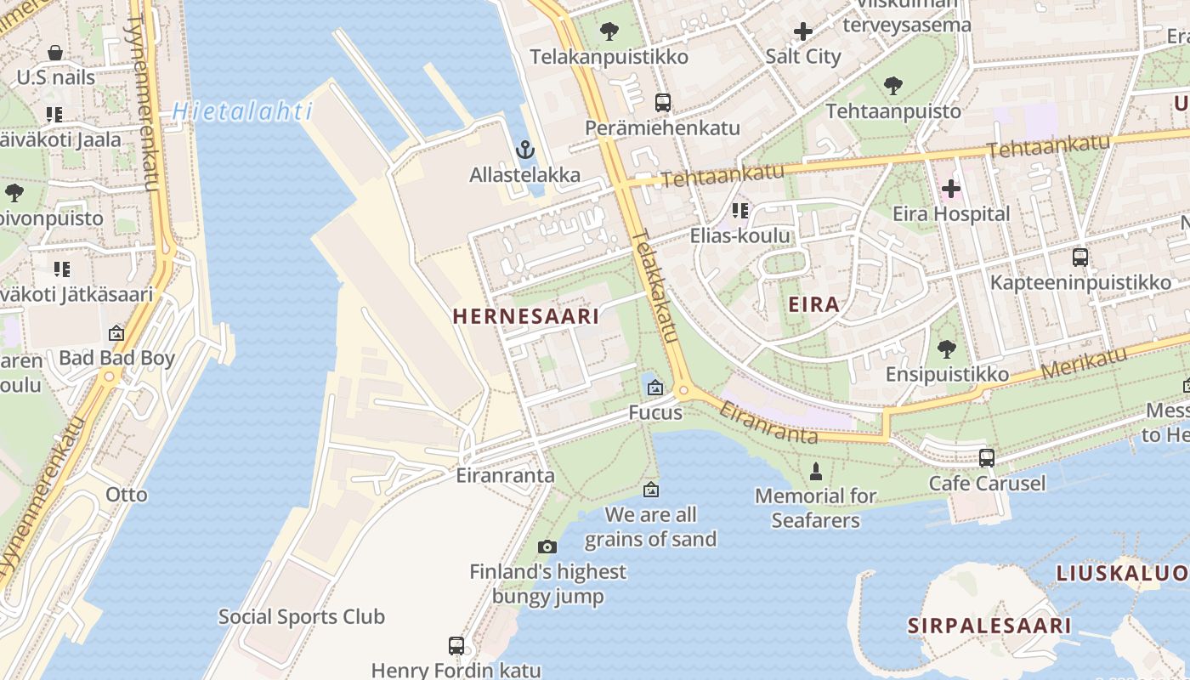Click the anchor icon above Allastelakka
click(525, 150)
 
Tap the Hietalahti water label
click(242, 111)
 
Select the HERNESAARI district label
click(525, 316)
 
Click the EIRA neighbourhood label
click(813, 304)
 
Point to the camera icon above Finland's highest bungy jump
click(547, 547)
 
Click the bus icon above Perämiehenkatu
click(663, 103)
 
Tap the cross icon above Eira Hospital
click(950, 188)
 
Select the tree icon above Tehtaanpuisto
click(892, 85)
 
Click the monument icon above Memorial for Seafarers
click(816, 471)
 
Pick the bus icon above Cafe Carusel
click(987, 457)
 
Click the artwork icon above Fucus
click(654, 388)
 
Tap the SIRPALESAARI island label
click(989, 626)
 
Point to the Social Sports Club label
click(302, 616)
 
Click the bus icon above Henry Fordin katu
click(456, 645)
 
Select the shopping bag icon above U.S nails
click(55, 53)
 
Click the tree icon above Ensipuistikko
click(947, 348)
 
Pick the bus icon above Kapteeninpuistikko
click(1079, 257)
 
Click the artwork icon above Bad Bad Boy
click(116, 333)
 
